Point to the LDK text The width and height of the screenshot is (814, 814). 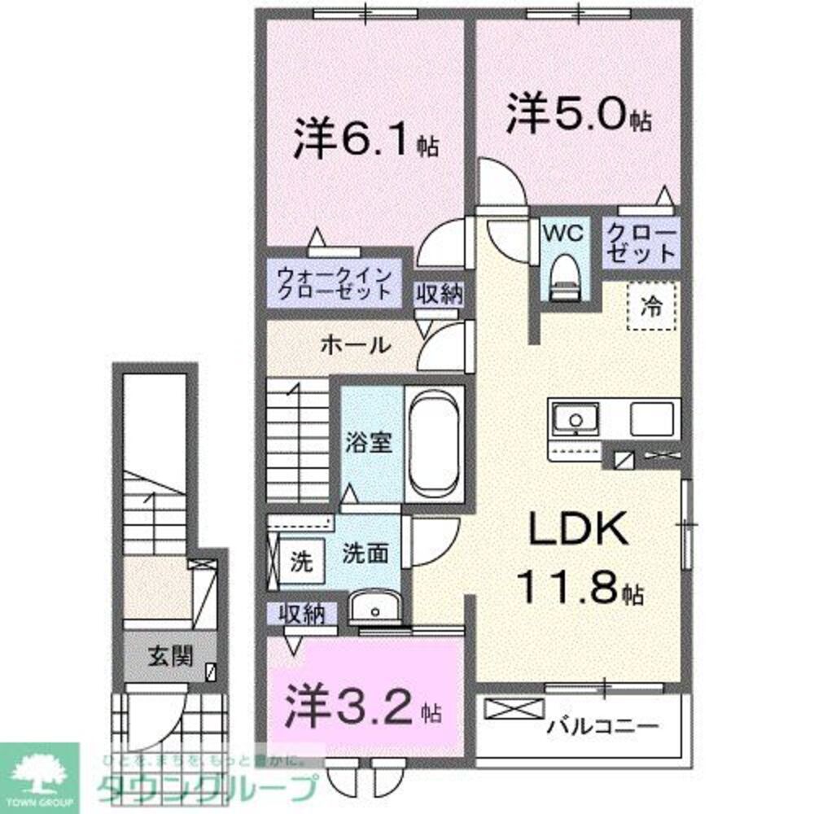tap(579, 532)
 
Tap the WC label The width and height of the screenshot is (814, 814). tap(565, 234)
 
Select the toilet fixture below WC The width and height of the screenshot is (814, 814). tap(565, 277)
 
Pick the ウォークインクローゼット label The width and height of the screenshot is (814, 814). tap(335, 283)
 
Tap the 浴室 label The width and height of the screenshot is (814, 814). tap(372, 444)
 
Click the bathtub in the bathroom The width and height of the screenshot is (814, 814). tap(434, 444)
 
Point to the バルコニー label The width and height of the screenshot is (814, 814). tap(602, 723)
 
